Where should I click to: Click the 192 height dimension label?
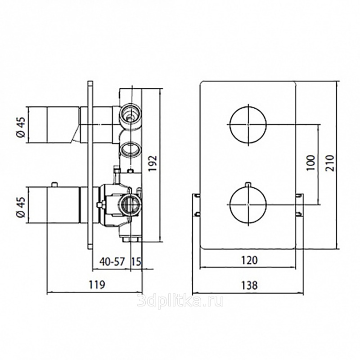pos(153,163)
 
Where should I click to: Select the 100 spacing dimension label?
pos(310,163)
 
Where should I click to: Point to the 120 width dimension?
pos(249,260)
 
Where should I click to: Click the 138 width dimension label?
pos(249,285)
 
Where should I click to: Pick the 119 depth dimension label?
pos(97,285)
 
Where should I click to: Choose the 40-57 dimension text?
pos(112,261)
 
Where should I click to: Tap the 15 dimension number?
pos(136,261)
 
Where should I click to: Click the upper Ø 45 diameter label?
pos(20,127)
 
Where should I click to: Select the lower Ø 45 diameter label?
pos(20,207)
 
